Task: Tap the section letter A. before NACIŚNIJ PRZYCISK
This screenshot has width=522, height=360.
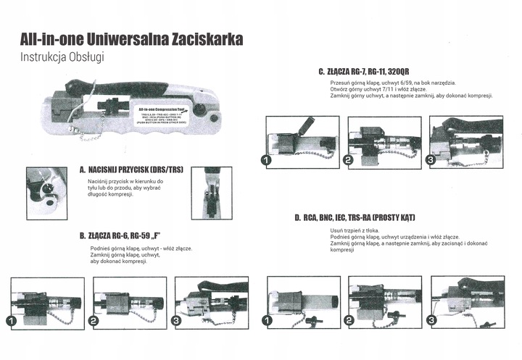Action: (83, 169)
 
